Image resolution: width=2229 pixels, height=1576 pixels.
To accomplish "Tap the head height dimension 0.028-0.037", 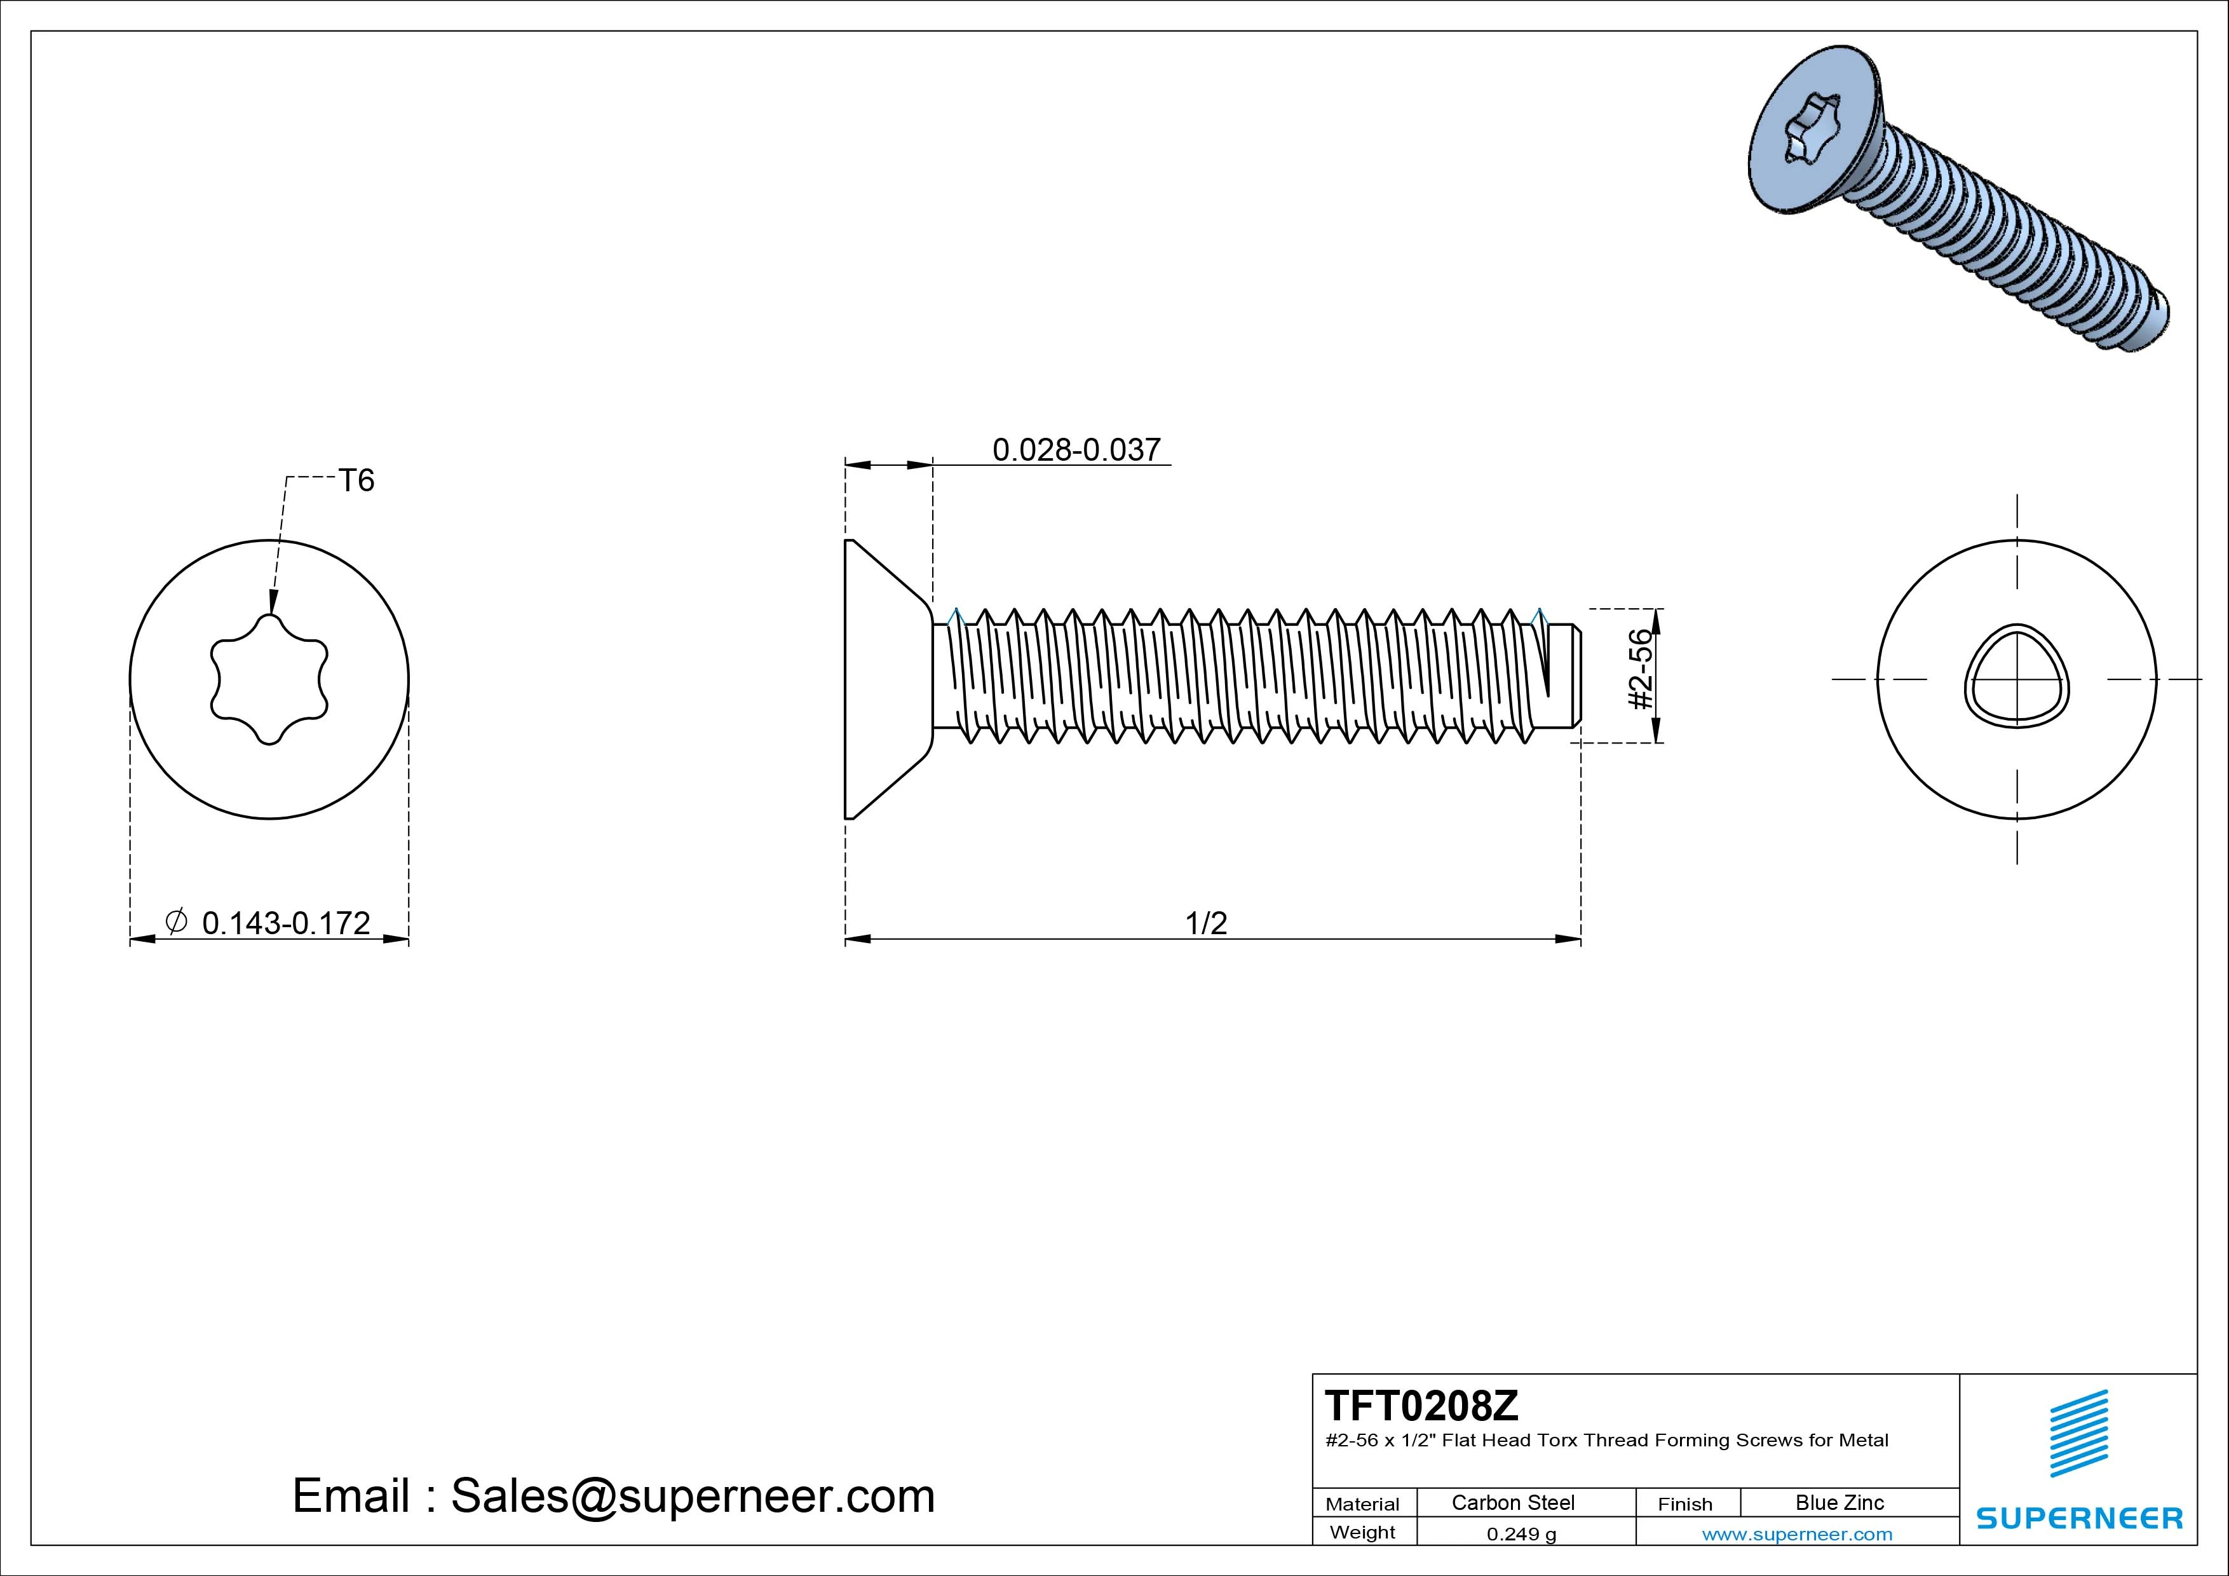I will (x=1076, y=449).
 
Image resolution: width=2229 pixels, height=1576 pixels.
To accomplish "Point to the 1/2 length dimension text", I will (x=1206, y=923).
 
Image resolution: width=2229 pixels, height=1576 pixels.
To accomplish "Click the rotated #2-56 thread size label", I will (x=1640, y=670).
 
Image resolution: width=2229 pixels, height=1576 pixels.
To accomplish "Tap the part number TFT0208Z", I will (x=1421, y=1405).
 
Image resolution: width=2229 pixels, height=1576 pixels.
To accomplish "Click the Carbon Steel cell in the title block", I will (x=1512, y=1502).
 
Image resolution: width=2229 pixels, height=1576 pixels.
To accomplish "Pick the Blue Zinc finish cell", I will (x=1839, y=1502).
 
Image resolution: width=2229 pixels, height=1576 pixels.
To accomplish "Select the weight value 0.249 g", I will (x=1521, y=1534).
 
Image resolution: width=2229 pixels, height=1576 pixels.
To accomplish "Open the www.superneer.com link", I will (x=1797, y=1534).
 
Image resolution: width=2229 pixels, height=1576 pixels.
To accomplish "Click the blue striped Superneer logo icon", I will (x=2078, y=1433).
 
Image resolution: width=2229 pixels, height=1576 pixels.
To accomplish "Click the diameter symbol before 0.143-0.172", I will (x=176, y=921).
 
